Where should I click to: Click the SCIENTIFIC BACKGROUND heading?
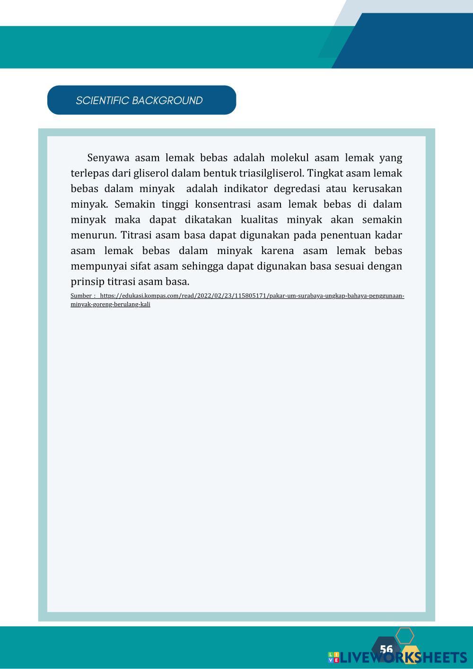139,100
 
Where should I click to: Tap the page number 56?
386,649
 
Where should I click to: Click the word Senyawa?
108,158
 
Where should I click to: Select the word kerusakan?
377,189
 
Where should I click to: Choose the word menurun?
94,235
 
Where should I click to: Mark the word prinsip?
87,282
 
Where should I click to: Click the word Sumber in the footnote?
81,296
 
